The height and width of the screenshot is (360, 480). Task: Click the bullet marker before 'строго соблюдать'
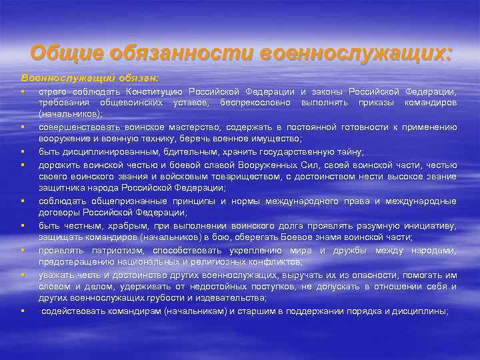point(22,91)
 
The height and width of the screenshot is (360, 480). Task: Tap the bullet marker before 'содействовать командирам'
point(22,311)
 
